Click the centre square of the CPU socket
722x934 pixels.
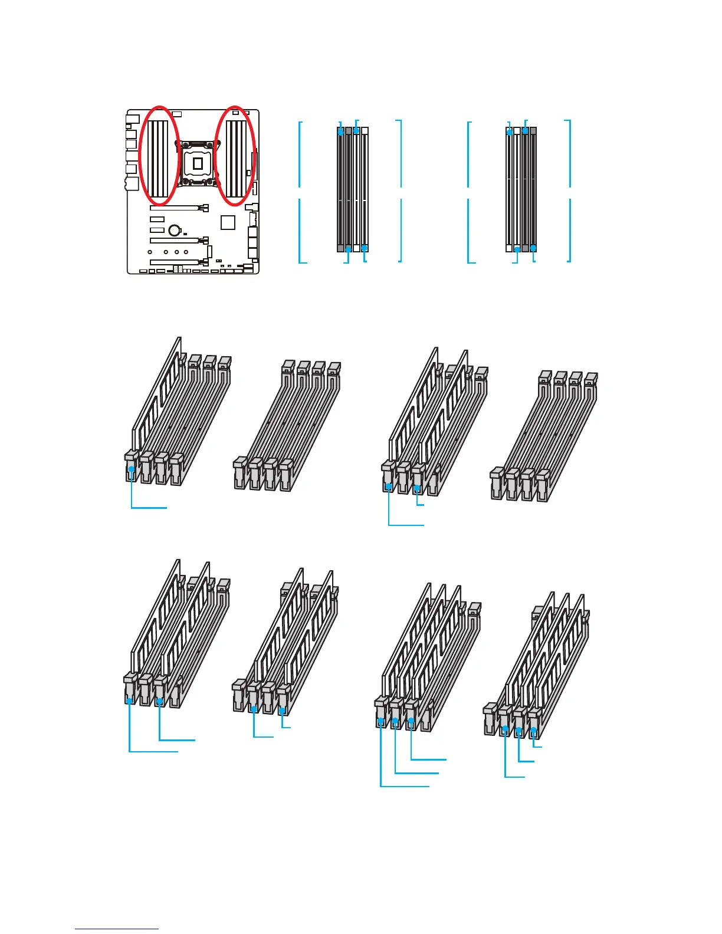(x=198, y=163)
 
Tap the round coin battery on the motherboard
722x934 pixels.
(x=174, y=230)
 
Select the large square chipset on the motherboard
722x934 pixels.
(x=228, y=222)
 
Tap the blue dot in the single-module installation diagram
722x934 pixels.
(x=132, y=470)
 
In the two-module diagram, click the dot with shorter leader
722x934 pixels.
(x=417, y=488)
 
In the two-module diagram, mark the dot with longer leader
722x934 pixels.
(x=388, y=486)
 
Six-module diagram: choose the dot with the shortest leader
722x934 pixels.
(x=533, y=730)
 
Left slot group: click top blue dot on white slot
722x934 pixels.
(x=356, y=130)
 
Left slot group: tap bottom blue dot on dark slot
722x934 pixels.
(x=349, y=249)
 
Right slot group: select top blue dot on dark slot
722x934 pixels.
(x=525, y=130)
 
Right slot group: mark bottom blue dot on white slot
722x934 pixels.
(x=517, y=249)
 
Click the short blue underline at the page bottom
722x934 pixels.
(x=117, y=929)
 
